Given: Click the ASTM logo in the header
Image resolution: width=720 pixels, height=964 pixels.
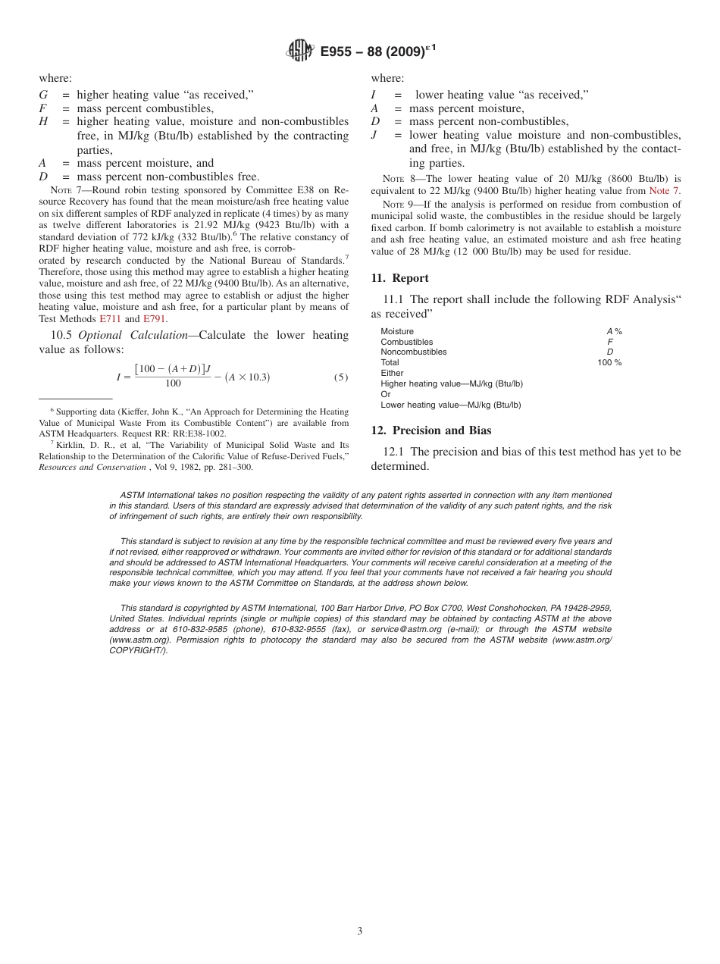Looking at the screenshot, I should pos(299,52).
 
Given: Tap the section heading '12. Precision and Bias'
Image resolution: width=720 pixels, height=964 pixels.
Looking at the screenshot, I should pos(430,430).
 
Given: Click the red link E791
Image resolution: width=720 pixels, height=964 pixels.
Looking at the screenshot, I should pos(154,319).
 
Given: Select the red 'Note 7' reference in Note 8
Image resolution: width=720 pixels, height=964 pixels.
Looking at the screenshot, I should pos(664,191).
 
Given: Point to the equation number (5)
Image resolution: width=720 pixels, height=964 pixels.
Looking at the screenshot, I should pos(342,377).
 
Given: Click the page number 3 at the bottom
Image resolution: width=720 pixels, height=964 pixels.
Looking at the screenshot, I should pos(360,931).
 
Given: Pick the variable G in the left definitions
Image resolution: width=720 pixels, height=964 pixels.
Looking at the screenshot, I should pos(43,95).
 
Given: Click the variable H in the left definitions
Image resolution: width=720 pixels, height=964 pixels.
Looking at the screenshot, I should pos(43,122).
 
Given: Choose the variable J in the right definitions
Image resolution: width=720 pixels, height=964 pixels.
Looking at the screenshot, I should pos(374,135).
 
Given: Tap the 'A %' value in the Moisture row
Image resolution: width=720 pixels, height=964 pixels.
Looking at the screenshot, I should pos(613,331).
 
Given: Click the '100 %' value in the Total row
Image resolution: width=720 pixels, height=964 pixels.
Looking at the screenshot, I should pos(609,363).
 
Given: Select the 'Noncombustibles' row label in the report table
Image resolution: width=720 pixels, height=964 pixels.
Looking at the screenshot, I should pos(413,352).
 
